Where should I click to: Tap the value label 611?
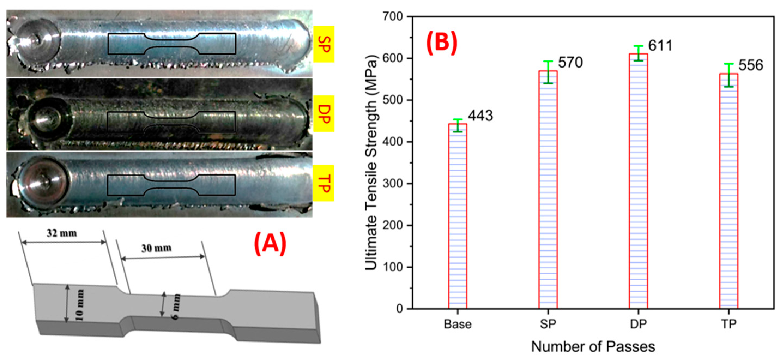(x=660, y=46)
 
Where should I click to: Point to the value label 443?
(x=480, y=116)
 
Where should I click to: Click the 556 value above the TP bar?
(x=751, y=65)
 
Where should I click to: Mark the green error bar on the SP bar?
(x=548, y=72)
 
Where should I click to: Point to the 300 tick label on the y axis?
(x=393, y=183)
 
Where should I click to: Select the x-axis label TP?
(x=728, y=324)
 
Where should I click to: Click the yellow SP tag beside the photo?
(x=324, y=44)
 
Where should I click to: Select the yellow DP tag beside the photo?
(x=324, y=114)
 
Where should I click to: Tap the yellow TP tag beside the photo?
(x=324, y=183)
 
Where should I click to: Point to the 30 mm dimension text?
(x=156, y=248)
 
